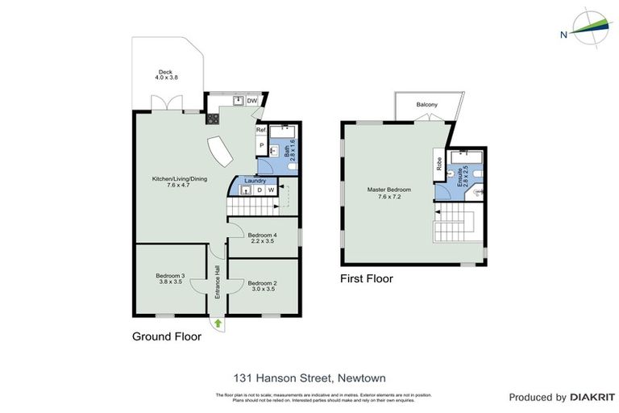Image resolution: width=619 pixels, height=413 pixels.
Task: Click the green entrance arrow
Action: click(x=218, y=323)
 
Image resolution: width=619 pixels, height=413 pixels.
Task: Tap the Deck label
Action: click(x=165, y=75)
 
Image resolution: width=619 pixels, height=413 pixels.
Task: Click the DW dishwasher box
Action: click(x=251, y=101)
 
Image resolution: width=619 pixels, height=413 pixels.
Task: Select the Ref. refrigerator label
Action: click(x=261, y=130)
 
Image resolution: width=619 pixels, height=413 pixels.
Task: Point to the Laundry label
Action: click(x=255, y=181)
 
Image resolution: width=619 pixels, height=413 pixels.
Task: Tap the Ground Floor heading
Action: click(x=167, y=337)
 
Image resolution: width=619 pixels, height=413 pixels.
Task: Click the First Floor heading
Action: click(x=366, y=279)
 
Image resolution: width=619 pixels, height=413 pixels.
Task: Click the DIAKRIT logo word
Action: click(x=593, y=397)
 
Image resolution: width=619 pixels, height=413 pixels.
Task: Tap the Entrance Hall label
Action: click(x=218, y=282)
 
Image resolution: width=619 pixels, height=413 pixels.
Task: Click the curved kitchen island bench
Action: click(x=219, y=151)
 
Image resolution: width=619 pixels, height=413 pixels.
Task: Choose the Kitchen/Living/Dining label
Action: click(x=180, y=181)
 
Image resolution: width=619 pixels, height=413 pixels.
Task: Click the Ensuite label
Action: click(x=462, y=176)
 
